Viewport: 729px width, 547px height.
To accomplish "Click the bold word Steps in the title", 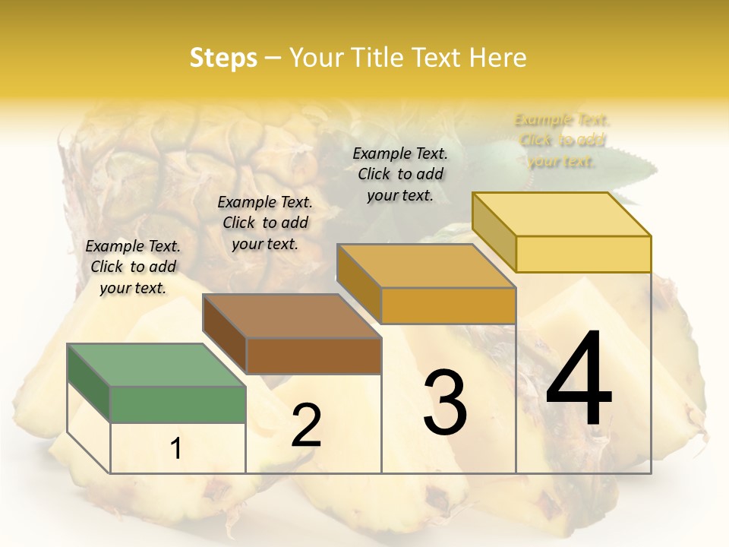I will click(223, 58).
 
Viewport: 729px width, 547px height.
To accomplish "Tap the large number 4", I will click(579, 381).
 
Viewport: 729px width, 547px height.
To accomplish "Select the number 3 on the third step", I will click(445, 403).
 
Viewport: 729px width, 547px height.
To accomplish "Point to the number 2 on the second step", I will click(306, 425).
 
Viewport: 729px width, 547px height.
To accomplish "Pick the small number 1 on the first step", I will click(176, 449).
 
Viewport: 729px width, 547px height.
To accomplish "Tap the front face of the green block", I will click(178, 403).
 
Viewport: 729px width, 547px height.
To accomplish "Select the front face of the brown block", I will click(314, 355).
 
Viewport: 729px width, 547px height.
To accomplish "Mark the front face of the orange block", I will click(448, 305).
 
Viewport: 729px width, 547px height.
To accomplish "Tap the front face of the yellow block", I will click(583, 254).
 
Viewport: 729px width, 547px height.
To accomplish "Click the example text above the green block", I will click(133, 267).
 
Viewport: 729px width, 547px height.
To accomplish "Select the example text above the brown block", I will click(265, 223).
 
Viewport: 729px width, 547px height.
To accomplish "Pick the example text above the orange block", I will click(400, 174).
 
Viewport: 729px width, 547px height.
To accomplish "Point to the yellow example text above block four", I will click(562, 140).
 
